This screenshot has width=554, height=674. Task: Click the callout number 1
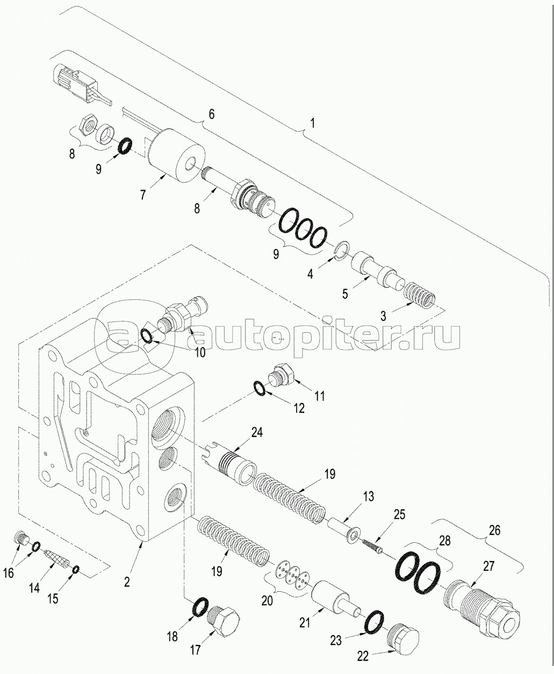[312, 123]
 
